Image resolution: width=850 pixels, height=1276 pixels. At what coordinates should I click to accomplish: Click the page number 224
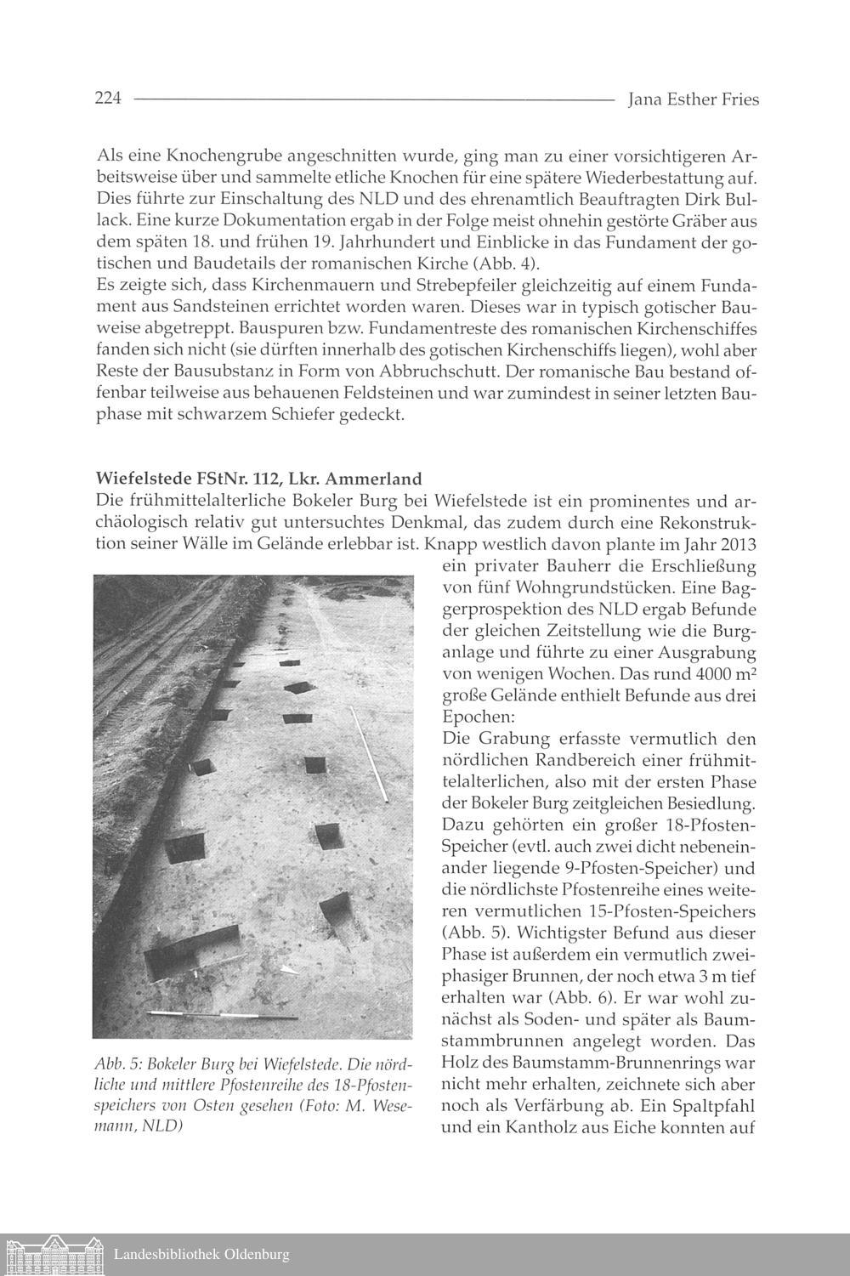coord(109,99)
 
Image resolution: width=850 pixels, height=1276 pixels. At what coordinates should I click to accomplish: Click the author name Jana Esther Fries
coord(693,100)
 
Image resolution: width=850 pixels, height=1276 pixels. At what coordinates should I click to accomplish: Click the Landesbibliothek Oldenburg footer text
coord(201,1255)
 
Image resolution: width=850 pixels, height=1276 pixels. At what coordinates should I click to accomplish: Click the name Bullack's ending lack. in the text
coord(114,219)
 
